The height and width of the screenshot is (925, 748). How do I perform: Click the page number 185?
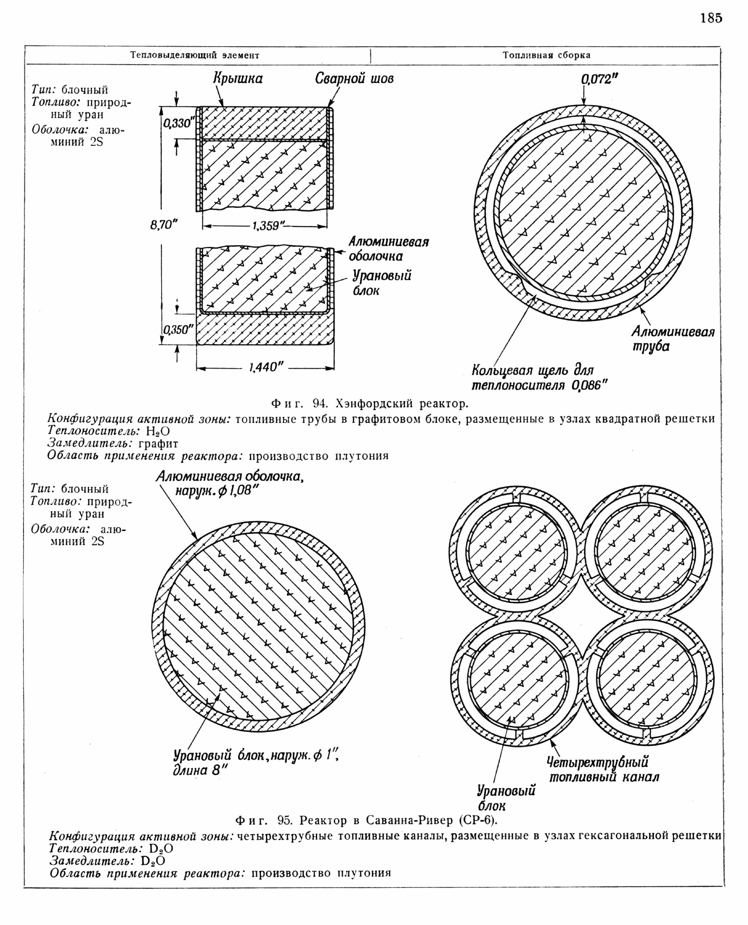point(711,18)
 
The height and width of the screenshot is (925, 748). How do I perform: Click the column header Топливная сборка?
point(546,55)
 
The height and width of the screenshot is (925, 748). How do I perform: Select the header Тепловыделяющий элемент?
point(195,55)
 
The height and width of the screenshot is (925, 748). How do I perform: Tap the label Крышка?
point(238,79)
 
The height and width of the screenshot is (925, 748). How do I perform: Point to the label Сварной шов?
point(354,79)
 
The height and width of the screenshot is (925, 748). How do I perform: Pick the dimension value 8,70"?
point(164,225)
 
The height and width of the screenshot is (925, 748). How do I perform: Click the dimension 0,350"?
point(178,330)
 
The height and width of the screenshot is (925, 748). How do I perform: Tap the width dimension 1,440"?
point(266,367)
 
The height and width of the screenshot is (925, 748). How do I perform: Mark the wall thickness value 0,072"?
point(599,79)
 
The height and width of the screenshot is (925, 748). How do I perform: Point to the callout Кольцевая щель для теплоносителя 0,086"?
point(539,378)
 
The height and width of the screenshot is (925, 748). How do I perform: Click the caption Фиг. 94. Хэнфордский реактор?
point(369,403)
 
